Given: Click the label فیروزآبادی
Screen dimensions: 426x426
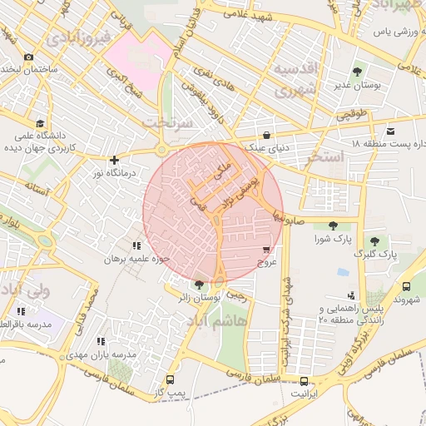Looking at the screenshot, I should tap(79, 37).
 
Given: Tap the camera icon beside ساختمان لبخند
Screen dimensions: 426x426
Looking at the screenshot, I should tap(29, 57).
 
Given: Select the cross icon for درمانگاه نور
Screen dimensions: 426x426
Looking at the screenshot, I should tap(114, 160).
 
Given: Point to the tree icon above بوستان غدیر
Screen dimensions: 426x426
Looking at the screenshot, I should tap(358, 72).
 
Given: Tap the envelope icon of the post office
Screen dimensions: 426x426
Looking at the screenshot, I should tap(391, 131).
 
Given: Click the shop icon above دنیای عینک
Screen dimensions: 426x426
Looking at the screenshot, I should tap(266, 135).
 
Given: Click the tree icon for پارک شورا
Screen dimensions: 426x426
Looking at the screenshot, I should tap(333, 225).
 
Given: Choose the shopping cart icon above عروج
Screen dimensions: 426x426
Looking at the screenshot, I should tap(265, 250).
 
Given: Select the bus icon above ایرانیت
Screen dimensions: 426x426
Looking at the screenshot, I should tap(303, 382).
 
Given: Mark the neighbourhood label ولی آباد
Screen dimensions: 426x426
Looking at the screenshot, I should tap(25, 291).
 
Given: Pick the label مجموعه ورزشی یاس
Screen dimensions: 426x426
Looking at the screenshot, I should tap(383, 31).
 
